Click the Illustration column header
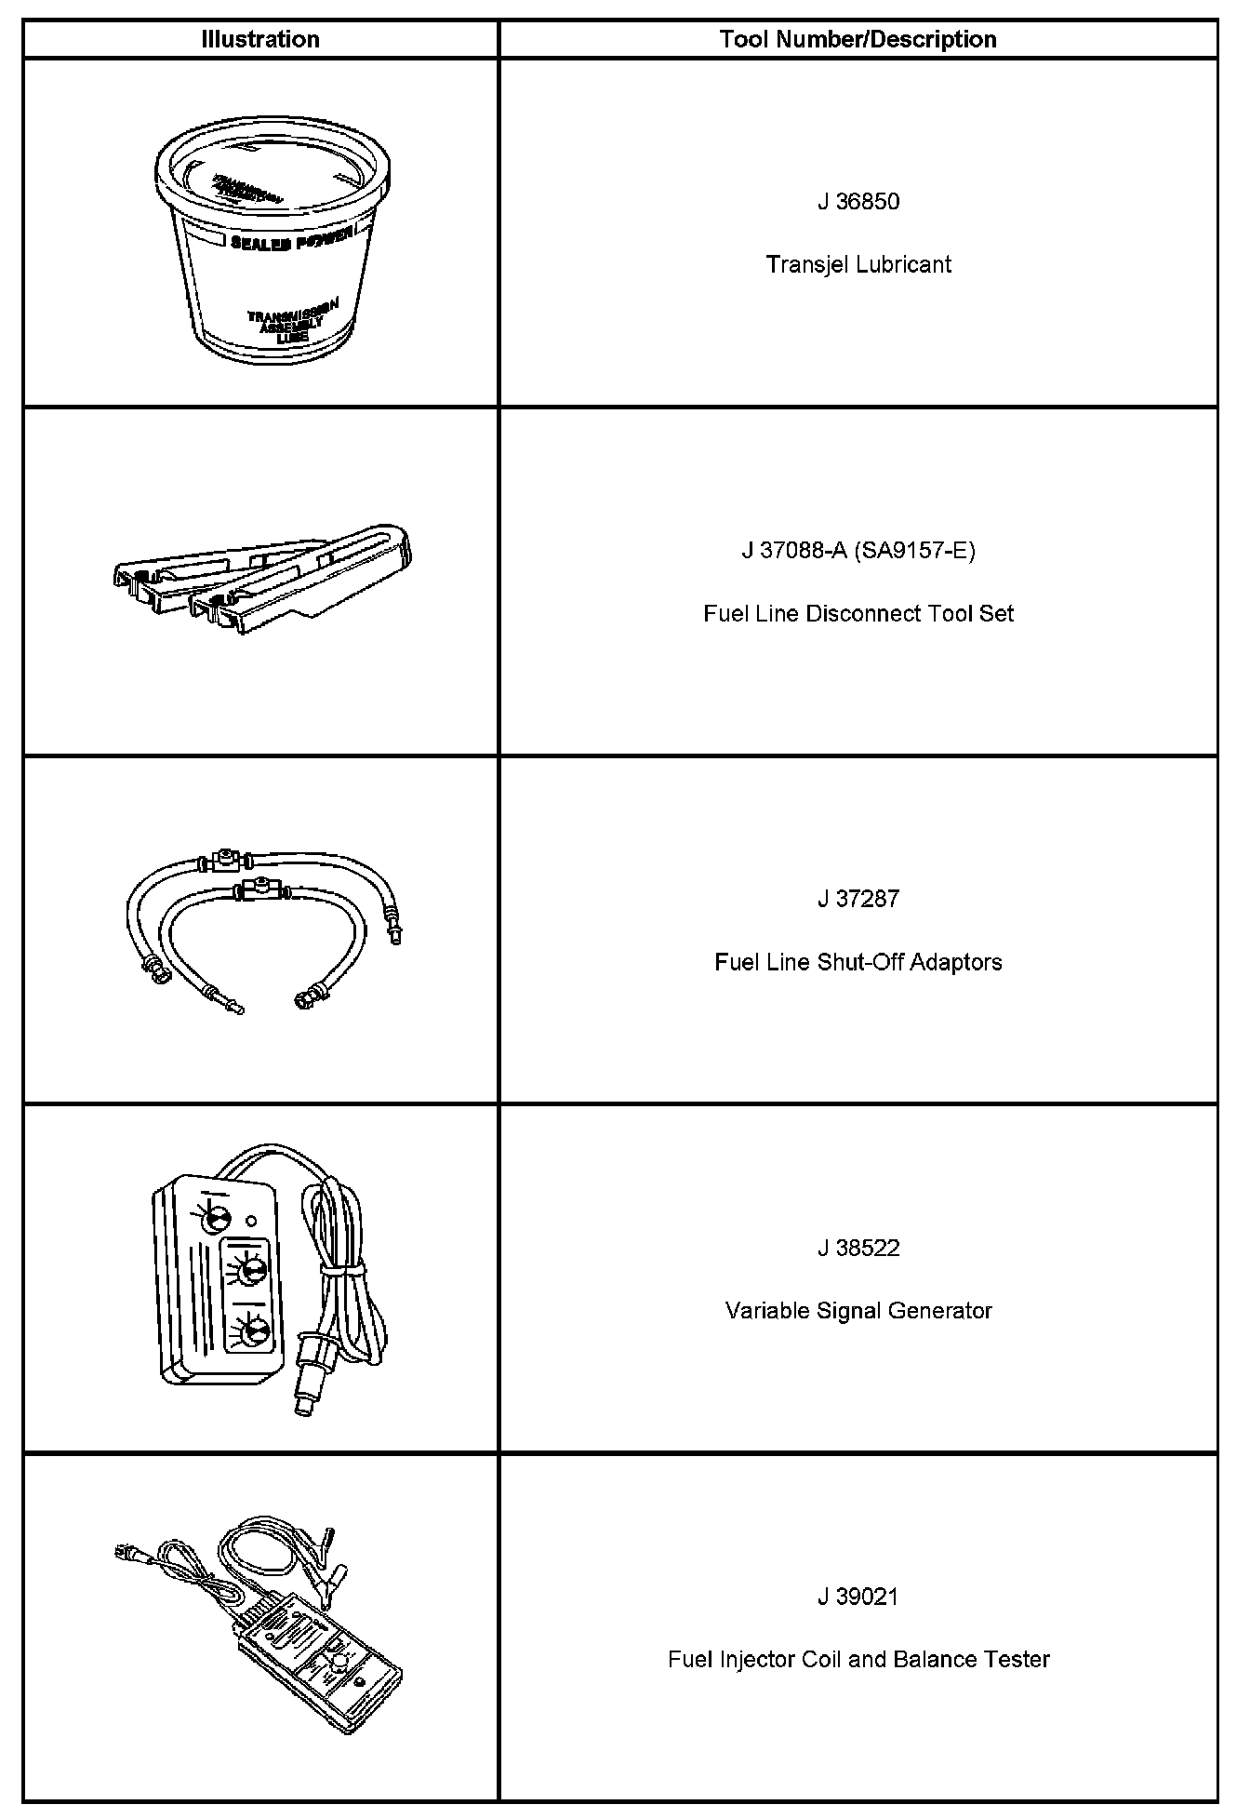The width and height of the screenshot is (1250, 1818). [x=260, y=39]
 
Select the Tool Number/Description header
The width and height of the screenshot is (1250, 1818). [x=858, y=39]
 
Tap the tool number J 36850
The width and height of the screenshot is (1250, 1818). [x=858, y=202]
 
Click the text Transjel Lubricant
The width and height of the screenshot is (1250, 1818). [x=858, y=265]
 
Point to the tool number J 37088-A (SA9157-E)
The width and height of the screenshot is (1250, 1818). [x=858, y=551]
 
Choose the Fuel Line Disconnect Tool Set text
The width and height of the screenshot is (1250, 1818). [x=858, y=614]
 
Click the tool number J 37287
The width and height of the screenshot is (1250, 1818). [x=858, y=900]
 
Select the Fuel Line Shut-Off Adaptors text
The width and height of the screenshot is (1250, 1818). [x=858, y=962]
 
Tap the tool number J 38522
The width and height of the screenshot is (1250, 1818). [x=858, y=1249]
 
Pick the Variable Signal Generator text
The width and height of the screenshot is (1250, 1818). [x=858, y=1311]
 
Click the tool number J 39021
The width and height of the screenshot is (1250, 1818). [x=858, y=1597]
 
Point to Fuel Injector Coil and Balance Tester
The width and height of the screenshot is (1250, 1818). [x=858, y=1660]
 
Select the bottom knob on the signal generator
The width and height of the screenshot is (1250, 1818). [x=252, y=1333]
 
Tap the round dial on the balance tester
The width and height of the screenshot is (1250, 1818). [x=339, y=1662]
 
